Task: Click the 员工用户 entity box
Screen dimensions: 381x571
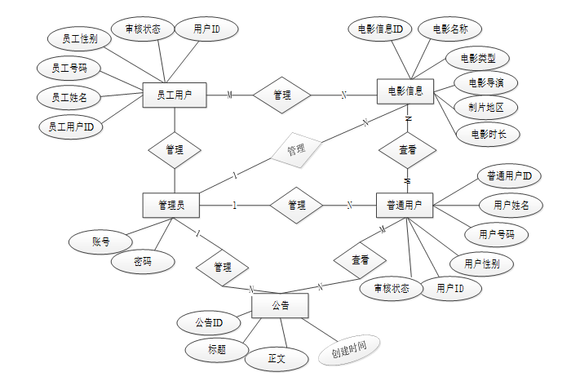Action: tap(174, 95)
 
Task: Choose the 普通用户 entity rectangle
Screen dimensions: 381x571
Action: tap(405, 206)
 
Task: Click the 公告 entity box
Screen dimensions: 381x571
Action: tap(280, 306)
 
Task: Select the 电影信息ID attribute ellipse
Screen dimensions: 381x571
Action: tap(379, 29)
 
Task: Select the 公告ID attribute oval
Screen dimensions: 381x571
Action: tap(210, 321)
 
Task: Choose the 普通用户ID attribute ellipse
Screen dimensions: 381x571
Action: tap(508, 175)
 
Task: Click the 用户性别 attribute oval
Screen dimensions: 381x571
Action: tap(481, 264)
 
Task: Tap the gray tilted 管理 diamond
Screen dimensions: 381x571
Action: tap(295, 150)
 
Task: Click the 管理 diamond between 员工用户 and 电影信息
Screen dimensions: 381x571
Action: tap(282, 95)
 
